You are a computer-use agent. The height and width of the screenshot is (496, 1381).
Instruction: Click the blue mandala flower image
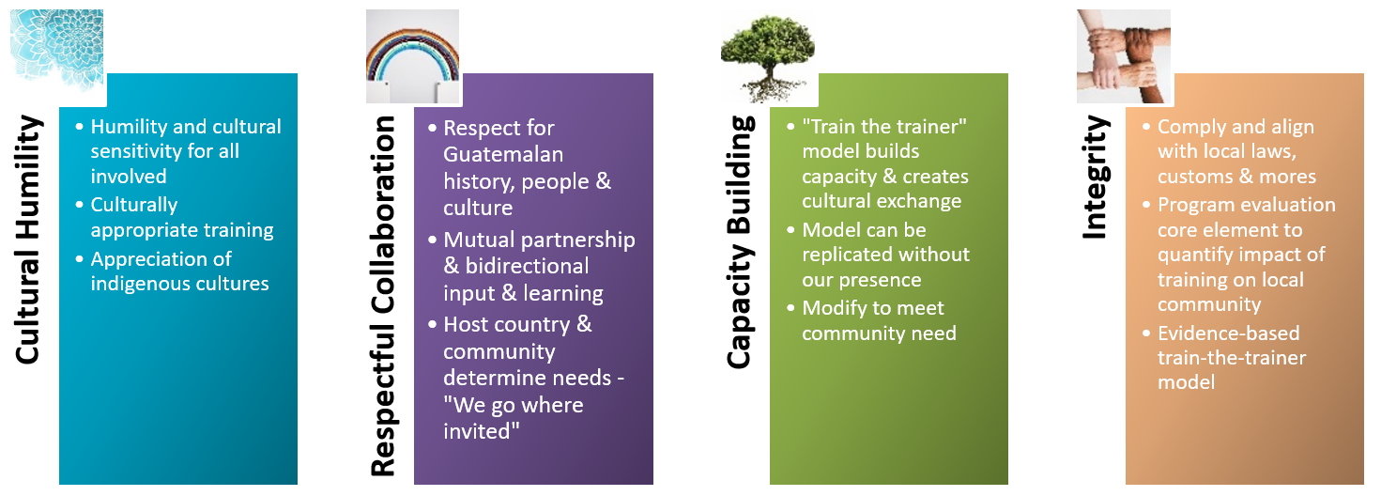click(x=56, y=51)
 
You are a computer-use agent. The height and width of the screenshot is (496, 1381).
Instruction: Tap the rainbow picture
click(x=412, y=56)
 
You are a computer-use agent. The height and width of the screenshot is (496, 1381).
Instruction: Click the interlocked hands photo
click(x=1124, y=56)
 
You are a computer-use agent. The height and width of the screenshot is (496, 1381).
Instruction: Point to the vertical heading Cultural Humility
click(x=28, y=240)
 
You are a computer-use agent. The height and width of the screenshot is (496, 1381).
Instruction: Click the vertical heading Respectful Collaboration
click(x=383, y=296)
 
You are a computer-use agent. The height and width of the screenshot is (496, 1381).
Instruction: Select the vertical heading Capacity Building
click(x=740, y=242)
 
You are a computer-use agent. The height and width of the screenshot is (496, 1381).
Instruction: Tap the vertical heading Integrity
click(x=1096, y=177)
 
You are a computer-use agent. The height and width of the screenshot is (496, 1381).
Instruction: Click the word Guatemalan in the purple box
click(x=503, y=154)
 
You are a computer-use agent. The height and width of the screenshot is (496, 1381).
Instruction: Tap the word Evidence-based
click(x=1228, y=333)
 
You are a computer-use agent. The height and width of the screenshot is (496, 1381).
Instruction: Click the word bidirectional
click(x=527, y=266)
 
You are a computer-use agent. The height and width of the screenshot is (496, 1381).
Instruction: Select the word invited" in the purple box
click(x=481, y=430)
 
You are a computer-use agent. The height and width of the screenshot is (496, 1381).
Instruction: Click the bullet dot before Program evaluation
click(x=1145, y=204)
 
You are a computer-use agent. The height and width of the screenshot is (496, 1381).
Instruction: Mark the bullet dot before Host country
click(x=432, y=324)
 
